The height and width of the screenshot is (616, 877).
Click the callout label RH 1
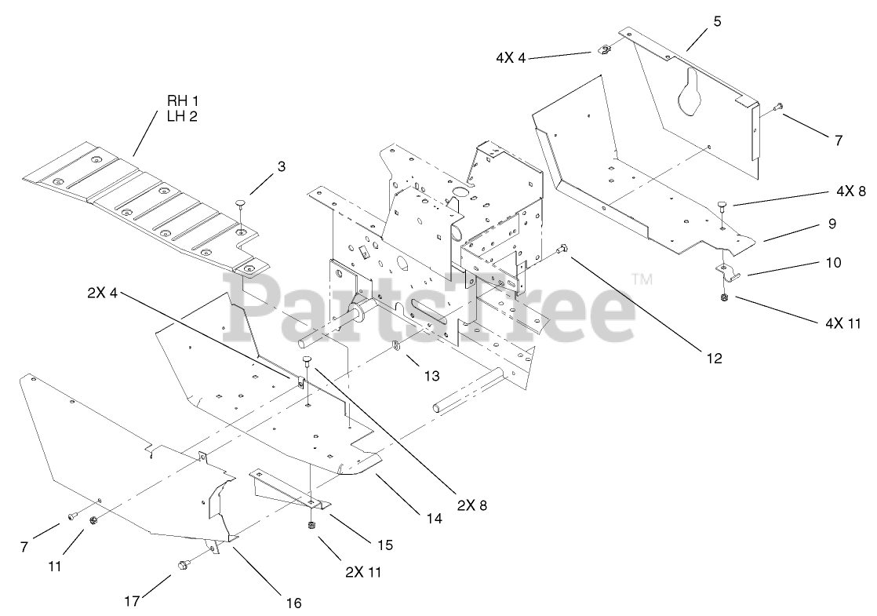point(183,101)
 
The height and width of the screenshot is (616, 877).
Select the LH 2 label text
point(183,116)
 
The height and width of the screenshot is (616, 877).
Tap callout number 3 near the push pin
point(281,166)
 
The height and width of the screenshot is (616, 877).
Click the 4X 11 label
point(821,322)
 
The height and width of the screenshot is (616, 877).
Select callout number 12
point(713,358)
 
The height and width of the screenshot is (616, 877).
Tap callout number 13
point(432,376)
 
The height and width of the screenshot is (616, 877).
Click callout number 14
point(435,519)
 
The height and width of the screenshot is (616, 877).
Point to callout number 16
point(293,603)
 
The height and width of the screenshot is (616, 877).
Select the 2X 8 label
point(471,506)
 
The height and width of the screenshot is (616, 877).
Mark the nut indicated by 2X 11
point(309,526)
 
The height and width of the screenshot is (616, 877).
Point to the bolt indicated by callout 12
point(562,250)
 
